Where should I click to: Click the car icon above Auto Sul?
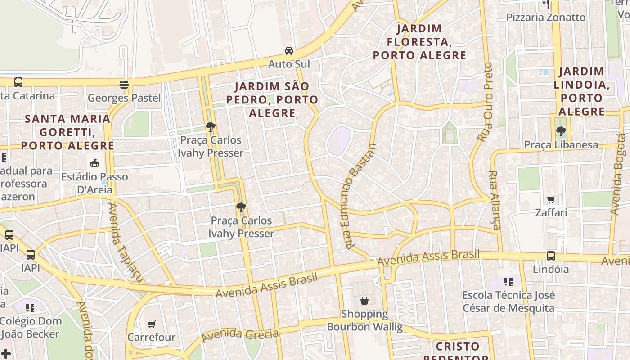pyautogui.click(x=289, y=50)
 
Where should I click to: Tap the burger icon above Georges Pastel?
pyautogui.click(x=124, y=84)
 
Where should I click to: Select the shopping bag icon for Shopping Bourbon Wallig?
pyautogui.click(x=364, y=300)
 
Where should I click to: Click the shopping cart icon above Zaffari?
pyautogui.click(x=551, y=199)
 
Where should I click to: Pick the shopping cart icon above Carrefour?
pyautogui.click(x=152, y=324)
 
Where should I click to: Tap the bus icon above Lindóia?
pyautogui.click(x=550, y=256)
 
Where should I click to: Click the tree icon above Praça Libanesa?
pyautogui.click(x=561, y=131)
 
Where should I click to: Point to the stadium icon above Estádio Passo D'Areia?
pyautogui.click(x=94, y=163)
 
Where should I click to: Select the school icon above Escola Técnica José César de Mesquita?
pyautogui.click(x=508, y=282)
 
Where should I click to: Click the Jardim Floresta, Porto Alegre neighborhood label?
pyautogui.click(x=419, y=42)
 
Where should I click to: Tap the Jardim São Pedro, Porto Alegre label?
pyautogui.click(x=272, y=99)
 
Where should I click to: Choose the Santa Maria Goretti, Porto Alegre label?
pyautogui.click(x=67, y=132)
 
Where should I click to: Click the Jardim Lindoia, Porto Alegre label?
pyautogui.click(x=581, y=91)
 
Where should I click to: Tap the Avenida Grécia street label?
pyautogui.click(x=240, y=334)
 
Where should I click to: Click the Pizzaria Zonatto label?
pyautogui.click(x=546, y=18)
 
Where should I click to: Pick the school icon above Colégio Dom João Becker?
pyautogui.click(x=30, y=308)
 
